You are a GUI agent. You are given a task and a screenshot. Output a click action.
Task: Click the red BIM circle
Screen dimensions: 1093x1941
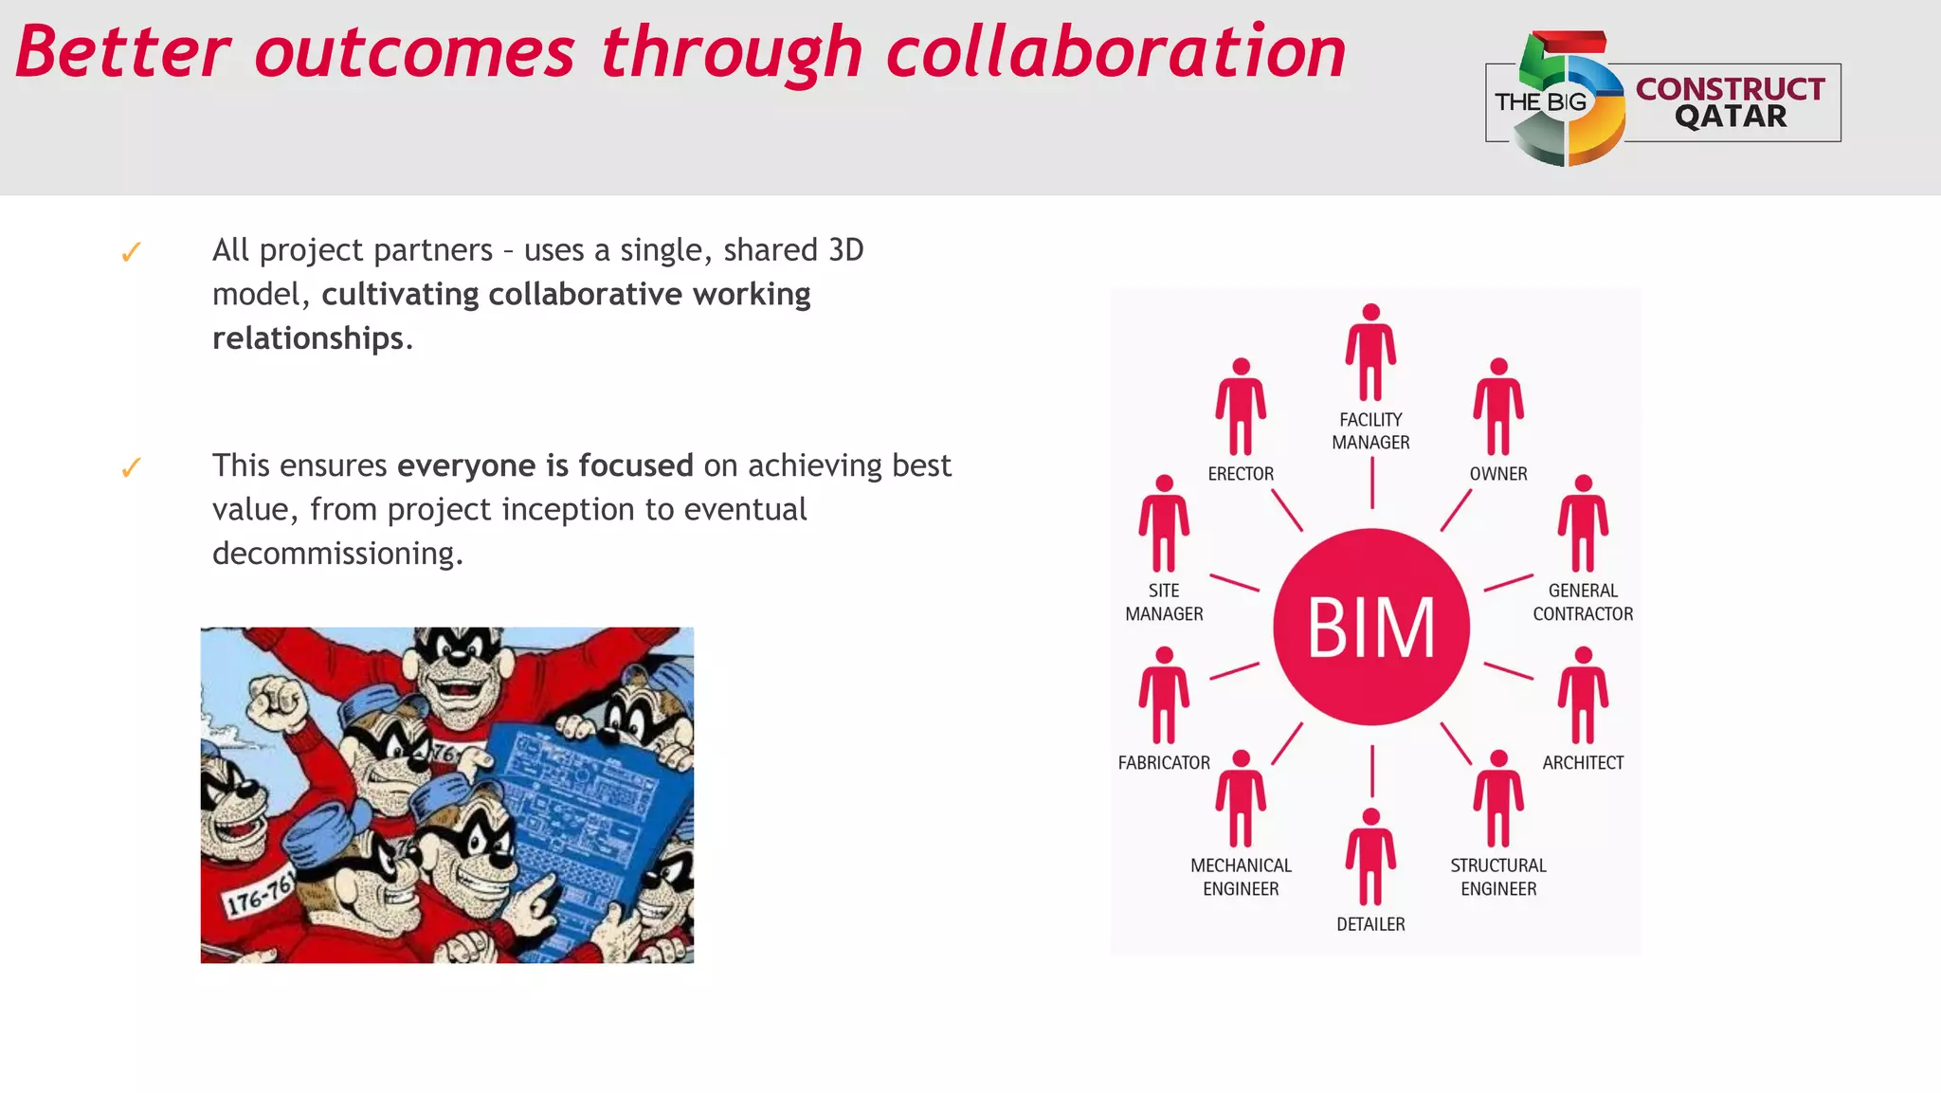pos(1370,627)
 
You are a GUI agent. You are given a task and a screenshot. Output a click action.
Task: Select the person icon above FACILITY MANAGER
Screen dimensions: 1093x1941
pos(1370,353)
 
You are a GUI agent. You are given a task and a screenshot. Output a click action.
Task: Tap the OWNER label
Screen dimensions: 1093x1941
pos(1497,474)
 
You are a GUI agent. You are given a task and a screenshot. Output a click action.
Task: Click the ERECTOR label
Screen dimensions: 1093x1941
pos(1241,474)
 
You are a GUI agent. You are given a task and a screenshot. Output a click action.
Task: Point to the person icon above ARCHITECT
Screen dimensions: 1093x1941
pos(1583,695)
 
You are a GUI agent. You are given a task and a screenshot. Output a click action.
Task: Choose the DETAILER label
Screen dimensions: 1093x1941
pos(1370,924)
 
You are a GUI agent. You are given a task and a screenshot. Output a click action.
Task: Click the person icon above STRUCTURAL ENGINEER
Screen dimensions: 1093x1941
pos(1498,798)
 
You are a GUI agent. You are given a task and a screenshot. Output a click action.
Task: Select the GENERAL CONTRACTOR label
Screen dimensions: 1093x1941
pos(1583,602)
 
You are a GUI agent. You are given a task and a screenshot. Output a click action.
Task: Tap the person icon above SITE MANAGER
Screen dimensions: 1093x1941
pos(1164,523)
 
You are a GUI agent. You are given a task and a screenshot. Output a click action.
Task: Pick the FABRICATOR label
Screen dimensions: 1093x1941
pos(1164,763)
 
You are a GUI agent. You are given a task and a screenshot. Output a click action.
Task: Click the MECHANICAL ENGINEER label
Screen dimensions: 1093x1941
pos(1241,877)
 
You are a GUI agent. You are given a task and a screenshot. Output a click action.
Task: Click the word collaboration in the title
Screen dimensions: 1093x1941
pos(1116,52)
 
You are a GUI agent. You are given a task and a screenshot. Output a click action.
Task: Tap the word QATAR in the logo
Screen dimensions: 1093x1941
pos(1731,117)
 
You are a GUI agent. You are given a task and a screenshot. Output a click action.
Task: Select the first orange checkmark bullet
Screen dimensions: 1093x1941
pos(131,252)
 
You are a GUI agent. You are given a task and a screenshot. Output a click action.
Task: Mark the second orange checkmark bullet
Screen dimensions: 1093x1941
pos(131,467)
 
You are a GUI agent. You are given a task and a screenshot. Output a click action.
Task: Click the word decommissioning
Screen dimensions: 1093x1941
pos(337,554)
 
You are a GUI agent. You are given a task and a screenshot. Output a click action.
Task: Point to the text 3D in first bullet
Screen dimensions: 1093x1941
pos(845,250)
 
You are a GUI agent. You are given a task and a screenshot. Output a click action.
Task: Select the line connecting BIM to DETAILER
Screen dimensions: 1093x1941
pos(1371,771)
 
